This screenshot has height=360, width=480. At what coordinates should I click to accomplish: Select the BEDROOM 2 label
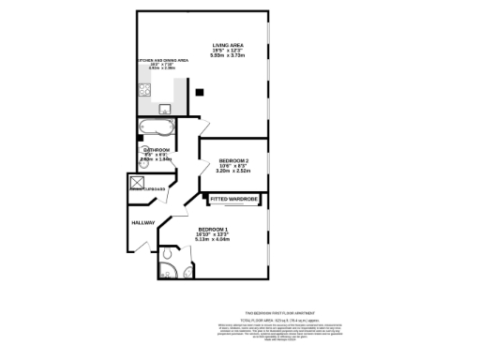tap(232, 160)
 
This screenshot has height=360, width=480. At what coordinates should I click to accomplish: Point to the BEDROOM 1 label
tap(213, 229)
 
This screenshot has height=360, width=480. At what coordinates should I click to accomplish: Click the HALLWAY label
tap(142, 222)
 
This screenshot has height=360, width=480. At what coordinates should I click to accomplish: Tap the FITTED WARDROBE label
tap(232, 200)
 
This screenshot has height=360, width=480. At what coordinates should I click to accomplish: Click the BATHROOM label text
tap(157, 150)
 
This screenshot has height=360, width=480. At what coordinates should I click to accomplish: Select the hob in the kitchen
tap(145, 91)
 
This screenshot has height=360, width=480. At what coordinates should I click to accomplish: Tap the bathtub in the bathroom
tap(156, 126)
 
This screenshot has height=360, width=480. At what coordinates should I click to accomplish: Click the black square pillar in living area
tap(199, 91)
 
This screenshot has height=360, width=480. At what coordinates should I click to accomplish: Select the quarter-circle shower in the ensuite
tap(167, 254)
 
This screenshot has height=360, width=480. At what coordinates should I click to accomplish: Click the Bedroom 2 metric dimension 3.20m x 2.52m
tap(232, 172)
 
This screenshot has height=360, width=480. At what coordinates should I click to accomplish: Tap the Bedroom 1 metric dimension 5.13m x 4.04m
tap(213, 239)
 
